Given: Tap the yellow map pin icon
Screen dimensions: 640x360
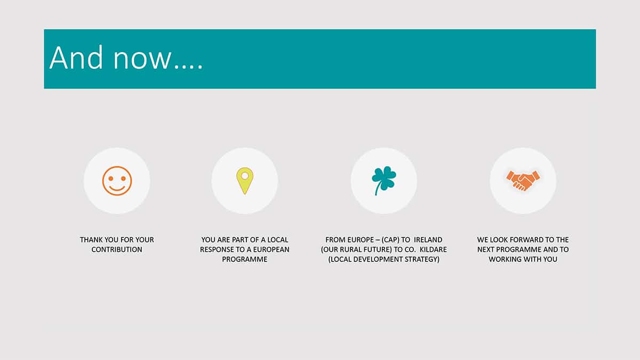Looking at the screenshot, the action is click(245, 181).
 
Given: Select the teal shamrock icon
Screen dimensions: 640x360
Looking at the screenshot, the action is click(383, 181).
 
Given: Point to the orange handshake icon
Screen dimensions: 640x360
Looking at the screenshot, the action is click(523, 181).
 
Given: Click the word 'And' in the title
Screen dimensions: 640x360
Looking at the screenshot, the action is click(76, 58).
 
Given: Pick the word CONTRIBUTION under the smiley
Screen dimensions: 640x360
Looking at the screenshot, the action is click(117, 250).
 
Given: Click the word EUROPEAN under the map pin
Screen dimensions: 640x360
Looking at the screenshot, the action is click(271, 250).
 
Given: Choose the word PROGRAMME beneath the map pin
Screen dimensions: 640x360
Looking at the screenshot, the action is click(245, 259).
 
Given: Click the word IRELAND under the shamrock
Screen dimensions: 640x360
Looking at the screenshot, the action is click(428, 239).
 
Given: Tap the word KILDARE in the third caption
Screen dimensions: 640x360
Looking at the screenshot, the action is click(433, 250).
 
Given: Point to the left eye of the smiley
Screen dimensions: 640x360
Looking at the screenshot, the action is click(111, 179).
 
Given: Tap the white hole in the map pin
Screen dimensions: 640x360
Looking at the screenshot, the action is click(245, 175).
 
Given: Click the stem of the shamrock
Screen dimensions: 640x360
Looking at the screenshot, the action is click(378, 190).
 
